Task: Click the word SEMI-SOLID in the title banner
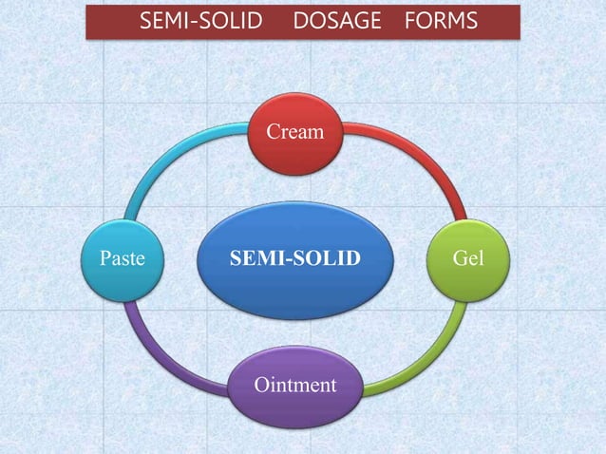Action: (x=200, y=21)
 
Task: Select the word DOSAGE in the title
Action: (x=336, y=21)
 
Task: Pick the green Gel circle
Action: (x=468, y=257)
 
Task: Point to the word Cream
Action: (x=294, y=133)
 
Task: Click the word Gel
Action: (x=468, y=257)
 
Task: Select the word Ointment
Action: (x=294, y=385)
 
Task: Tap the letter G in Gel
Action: (x=458, y=257)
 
